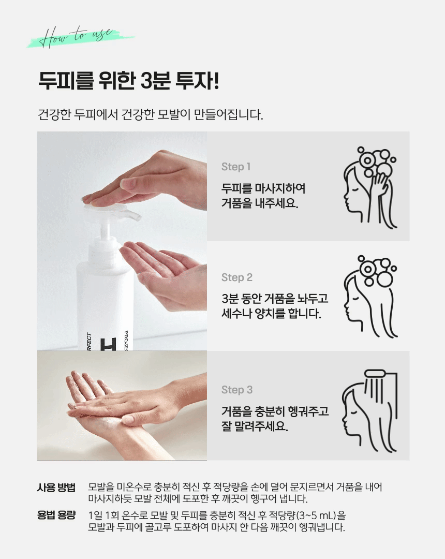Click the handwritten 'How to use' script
pos(76,37)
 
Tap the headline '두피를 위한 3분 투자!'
pos(129,81)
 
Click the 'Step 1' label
pos(236,167)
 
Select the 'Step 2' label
pos(236,277)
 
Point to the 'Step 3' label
pos(236,389)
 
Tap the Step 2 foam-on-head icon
pos(370,296)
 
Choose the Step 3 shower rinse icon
pos(369,410)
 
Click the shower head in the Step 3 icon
pos(375,374)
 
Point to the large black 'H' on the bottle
pos(108,344)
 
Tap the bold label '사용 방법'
pos(56,488)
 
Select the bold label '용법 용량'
pos(56,515)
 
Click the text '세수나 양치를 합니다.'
pos(271,313)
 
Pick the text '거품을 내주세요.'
pos(260,203)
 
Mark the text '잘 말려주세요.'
pos(255,425)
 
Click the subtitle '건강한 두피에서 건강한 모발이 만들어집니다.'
pos(151,114)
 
